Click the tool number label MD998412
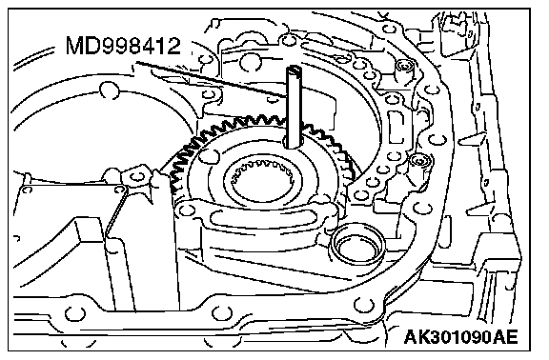(123, 46)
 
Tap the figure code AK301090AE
(460, 337)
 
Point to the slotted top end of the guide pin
(295, 70)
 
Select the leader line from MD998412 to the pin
(212, 80)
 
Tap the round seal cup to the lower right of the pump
(357, 248)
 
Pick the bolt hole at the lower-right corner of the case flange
(363, 305)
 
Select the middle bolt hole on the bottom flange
(221, 313)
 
